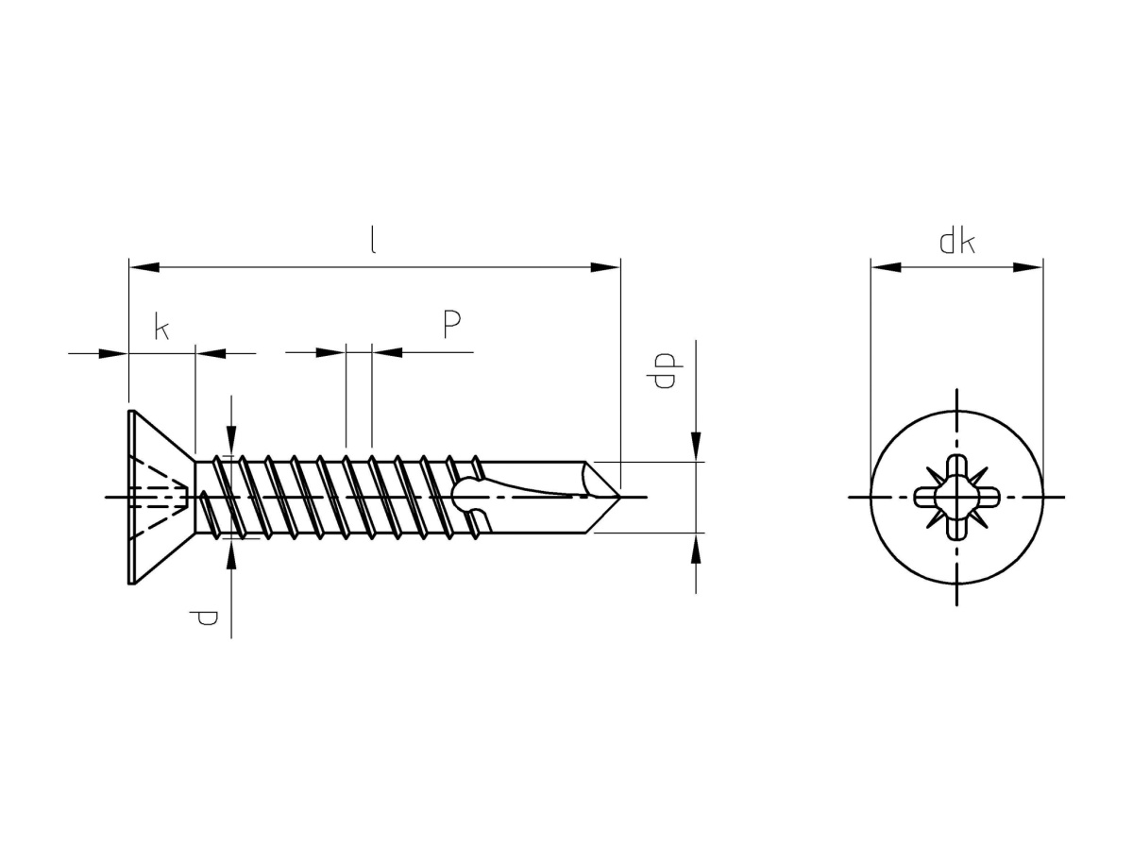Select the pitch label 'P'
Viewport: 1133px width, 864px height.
[x=451, y=324]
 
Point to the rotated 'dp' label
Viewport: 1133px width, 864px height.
[x=665, y=370]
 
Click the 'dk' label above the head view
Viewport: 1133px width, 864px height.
[x=956, y=242]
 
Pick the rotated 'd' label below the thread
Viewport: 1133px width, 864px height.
[x=203, y=618]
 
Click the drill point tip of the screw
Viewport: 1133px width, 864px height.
[x=619, y=497]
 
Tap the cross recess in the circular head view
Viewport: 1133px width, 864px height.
[x=956, y=497]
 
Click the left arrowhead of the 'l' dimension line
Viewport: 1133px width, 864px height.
[x=144, y=267]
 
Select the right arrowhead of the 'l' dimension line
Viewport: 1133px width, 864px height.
[x=605, y=267]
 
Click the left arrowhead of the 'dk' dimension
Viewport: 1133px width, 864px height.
[x=886, y=267]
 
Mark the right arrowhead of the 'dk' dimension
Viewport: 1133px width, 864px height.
[x=1027, y=267]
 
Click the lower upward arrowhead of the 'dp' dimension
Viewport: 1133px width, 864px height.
[x=696, y=548]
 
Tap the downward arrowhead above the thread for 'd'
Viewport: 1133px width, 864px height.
[x=230, y=440]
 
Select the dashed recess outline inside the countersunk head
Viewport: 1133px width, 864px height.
[x=159, y=497]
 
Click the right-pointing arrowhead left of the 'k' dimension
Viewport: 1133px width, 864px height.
[x=113, y=353]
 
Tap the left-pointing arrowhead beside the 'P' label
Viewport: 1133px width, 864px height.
[x=387, y=352]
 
